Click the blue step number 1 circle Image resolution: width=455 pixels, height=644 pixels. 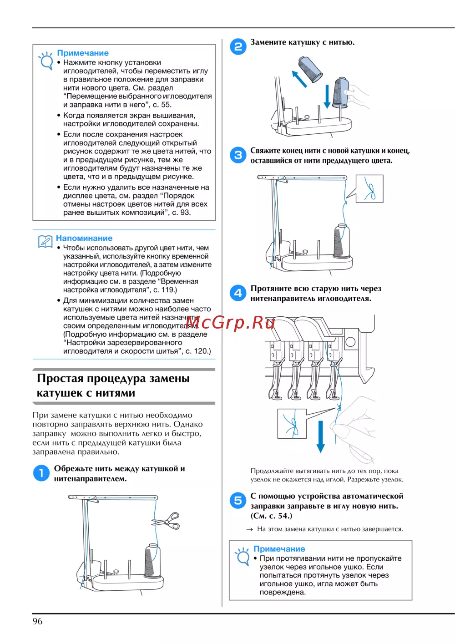click(41, 473)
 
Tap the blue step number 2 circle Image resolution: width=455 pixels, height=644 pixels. click(238, 46)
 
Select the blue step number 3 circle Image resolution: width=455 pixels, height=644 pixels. click(238, 155)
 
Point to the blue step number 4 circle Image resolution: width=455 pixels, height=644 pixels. click(238, 293)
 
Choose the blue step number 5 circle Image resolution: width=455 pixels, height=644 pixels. click(238, 501)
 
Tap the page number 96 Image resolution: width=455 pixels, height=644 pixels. click(37, 621)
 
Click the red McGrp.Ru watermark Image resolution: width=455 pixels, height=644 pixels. click(230, 323)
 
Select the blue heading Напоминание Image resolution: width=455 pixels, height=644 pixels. click(84, 238)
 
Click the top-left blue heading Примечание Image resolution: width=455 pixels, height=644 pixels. click(83, 53)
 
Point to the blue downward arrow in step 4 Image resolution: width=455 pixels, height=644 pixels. click(320, 436)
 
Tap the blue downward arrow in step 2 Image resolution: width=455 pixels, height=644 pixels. click(327, 96)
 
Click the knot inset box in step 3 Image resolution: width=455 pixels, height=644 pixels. click(369, 189)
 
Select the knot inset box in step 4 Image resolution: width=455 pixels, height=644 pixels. click(292, 423)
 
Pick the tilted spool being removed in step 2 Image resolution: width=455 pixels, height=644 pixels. click(310, 69)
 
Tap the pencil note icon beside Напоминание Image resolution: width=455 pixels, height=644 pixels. click(45, 242)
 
